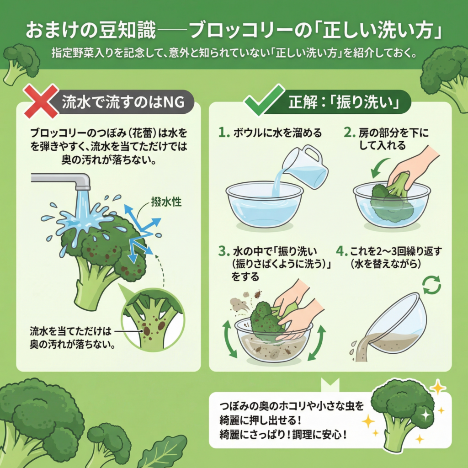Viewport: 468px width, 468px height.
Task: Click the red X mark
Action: coord(41,101)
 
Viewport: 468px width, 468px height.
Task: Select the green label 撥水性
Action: coord(166,202)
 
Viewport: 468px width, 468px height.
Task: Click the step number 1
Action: coord(223,133)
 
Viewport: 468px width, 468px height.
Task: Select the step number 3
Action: coord(223,251)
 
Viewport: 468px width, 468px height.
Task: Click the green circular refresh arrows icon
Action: coord(431,285)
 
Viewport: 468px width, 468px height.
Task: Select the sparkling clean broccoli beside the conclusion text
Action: coord(402,415)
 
